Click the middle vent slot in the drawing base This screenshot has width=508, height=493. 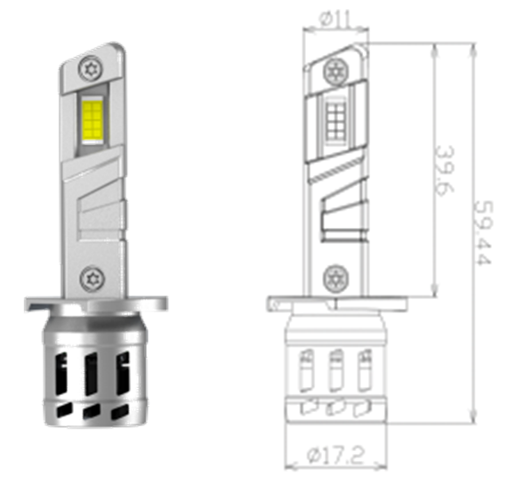click(x=335, y=368)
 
